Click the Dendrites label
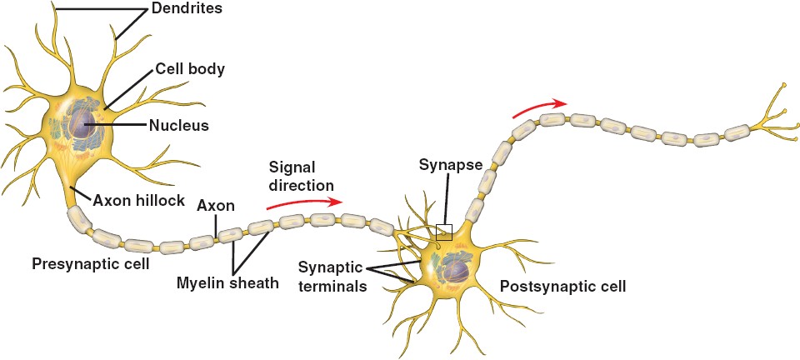pyautogui.click(x=187, y=10)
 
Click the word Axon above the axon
pyautogui.click(x=216, y=205)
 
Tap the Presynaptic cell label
pyautogui.click(x=90, y=264)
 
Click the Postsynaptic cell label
pyautogui.click(x=562, y=286)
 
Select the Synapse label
pyautogui.click(x=451, y=166)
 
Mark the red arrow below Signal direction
pyautogui.click(x=303, y=201)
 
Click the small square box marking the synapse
pyautogui.click(x=444, y=232)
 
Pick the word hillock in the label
pyautogui.click(x=162, y=201)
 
